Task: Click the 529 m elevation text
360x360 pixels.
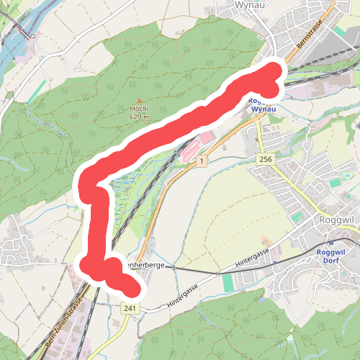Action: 139,117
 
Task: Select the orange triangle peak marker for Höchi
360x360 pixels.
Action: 140,102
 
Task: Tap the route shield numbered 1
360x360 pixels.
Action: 204,161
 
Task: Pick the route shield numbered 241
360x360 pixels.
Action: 130,308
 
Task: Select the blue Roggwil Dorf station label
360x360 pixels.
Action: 332,256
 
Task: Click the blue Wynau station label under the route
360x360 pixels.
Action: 259,105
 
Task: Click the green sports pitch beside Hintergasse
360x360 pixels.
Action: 228,283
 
